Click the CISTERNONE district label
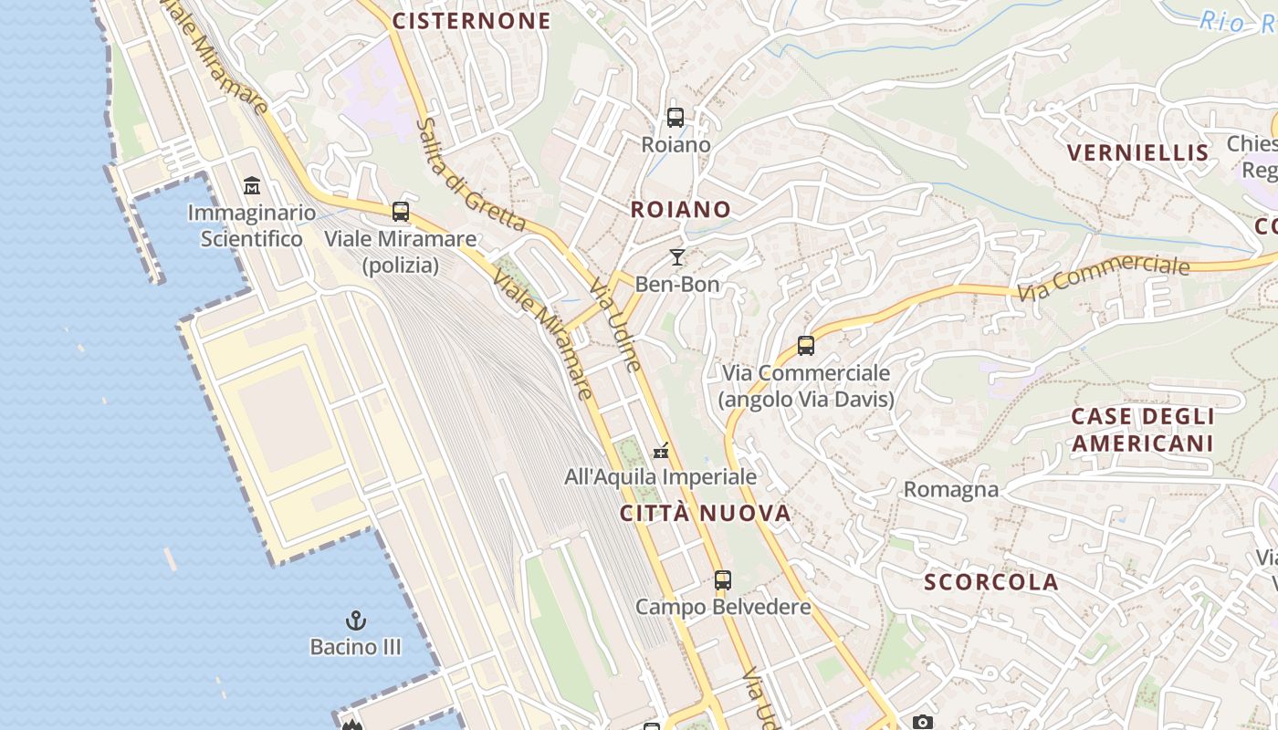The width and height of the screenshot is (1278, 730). click(x=472, y=21)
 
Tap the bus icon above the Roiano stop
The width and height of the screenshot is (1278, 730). click(x=676, y=118)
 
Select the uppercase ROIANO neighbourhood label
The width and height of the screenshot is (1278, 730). click(x=681, y=210)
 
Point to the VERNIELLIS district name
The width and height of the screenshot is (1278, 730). click(x=1138, y=152)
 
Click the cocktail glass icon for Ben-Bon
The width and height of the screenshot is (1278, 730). click(x=677, y=257)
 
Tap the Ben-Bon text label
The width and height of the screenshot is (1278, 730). click(x=677, y=284)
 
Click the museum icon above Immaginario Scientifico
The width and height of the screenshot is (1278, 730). click(x=252, y=186)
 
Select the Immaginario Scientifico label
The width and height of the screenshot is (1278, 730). click(x=252, y=226)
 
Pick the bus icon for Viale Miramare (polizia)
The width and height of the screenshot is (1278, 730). click(x=401, y=212)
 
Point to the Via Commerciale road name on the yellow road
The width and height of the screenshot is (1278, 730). click(x=1104, y=277)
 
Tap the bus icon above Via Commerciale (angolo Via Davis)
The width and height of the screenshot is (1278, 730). click(x=806, y=346)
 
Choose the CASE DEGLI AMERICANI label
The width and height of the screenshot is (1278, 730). click(x=1142, y=430)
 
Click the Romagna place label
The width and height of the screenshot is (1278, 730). click(x=951, y=490)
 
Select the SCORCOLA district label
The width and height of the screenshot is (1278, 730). click(x=991, y=582)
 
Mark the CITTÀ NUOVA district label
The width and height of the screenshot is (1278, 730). click(x=706, y=513)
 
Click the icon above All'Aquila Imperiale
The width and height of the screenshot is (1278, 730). click(x=662, y=451)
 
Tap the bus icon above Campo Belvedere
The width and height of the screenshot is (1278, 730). click(x=723, y=579)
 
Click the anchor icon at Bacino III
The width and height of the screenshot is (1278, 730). click(x=355, y=621)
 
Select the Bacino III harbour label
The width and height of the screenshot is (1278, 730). click(x=355, y=647)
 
